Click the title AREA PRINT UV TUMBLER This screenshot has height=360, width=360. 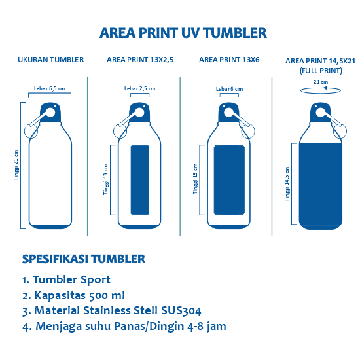coord(183,33)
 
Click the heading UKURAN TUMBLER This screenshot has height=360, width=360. coord(50,60)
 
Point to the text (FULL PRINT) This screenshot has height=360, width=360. coord(321,69)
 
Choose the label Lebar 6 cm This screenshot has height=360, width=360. coord(229,89)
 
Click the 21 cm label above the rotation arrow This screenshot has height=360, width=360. coord(321,82)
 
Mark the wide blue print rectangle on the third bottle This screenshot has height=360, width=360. coord(229,180)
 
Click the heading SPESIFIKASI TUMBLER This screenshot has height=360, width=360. coord(84,259)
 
